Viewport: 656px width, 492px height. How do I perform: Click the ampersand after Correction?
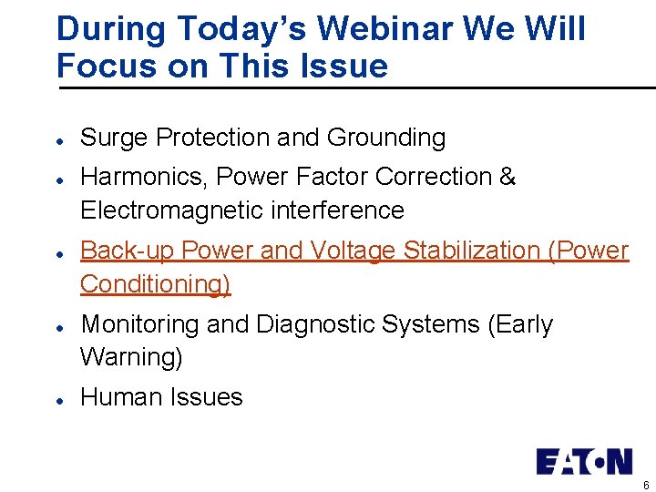pyautogui.click(x=507, y=176)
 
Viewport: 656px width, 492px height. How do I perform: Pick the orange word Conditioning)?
pyautogui.click(x=156, y=284)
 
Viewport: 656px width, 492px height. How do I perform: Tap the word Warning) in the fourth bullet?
pyautogui.click(x=131, y=357)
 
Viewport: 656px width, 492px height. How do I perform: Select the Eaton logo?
pyautogui.click(x=583, y=461)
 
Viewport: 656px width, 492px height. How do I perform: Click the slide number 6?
pyautogui.click(x=646, y=486)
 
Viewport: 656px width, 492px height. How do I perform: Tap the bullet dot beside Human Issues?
pyautogui.click(x=58, y=399)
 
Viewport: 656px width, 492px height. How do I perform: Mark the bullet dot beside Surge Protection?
pyautogui.click(x=58, y=139)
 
